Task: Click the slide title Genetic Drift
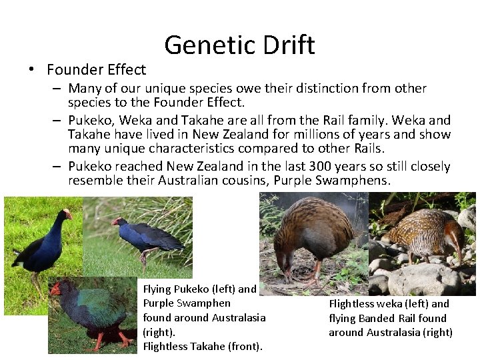(x=239, y=45)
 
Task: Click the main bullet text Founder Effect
(x=96, y=70)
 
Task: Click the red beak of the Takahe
(x=55, y=289)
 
